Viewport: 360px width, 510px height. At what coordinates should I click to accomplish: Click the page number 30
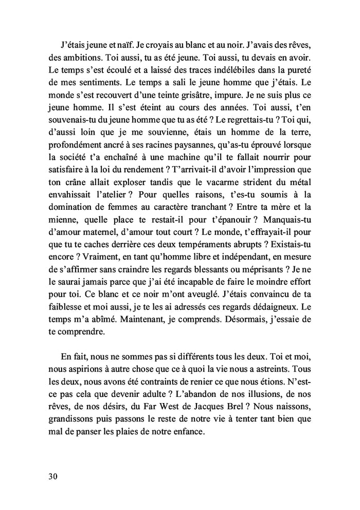point(50,476)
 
